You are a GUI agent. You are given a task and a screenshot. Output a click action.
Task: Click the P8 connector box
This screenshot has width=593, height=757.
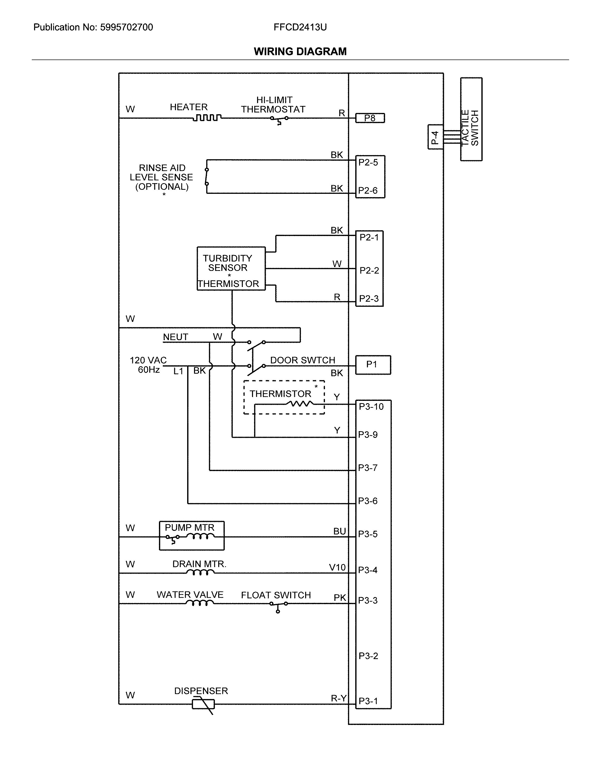[370, 119]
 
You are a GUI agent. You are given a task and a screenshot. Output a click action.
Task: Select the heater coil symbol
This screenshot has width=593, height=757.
[207, 118]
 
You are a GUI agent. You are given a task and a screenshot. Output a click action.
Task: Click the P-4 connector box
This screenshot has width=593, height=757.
[435, 137]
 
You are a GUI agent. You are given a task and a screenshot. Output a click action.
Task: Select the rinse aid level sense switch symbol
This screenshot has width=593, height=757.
[207, 177]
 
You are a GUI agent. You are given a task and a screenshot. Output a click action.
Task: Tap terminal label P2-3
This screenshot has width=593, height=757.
[369, 299]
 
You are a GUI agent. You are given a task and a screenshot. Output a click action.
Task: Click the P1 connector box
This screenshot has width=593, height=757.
[373, 365]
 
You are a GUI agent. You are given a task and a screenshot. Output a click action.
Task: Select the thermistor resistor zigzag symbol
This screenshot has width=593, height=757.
[299, 404]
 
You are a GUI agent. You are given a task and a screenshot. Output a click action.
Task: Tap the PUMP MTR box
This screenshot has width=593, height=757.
[192, 536]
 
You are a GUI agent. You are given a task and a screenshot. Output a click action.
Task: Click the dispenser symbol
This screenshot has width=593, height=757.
[203, 704]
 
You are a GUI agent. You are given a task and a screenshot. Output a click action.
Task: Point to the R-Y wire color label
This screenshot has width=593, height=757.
[338, 698]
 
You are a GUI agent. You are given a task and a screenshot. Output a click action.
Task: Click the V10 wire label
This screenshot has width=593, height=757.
[337, 567]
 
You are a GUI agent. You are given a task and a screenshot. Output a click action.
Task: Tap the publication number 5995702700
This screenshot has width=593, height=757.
[126, 27]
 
